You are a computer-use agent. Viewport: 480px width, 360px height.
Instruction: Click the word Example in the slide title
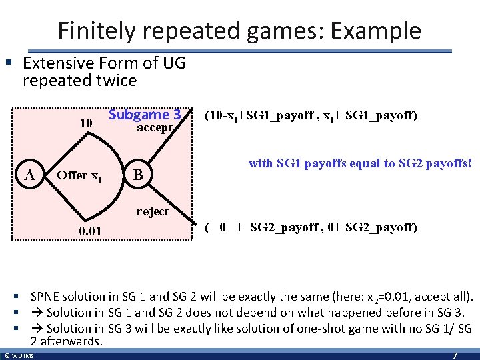coord(382,31)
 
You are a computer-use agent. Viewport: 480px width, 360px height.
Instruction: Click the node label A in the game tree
coord(29,175)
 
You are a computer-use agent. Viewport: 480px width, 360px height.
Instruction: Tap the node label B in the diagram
coord(138,175)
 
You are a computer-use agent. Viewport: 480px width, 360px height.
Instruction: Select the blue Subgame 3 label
coord(145,114)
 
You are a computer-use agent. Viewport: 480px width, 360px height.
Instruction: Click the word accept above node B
coord(155,127)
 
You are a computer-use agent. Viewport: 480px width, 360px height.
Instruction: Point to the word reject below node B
coord(153,211)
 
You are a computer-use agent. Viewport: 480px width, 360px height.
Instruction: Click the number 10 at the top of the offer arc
coord(85,123)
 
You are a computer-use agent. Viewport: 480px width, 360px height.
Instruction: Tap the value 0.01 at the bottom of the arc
coord(90,231)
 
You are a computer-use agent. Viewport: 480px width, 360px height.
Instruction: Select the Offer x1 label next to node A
coord(79,175)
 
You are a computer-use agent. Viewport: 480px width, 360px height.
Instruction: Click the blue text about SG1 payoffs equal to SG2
coord(360,163)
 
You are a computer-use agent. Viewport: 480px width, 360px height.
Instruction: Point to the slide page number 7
coord(455,355)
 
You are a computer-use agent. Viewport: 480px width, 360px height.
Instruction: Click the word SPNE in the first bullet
coord(45,296)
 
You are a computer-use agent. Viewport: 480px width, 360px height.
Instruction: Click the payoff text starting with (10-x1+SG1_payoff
coord(311,116)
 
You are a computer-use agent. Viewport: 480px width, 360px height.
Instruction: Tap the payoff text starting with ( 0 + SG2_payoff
coord(311,227)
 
